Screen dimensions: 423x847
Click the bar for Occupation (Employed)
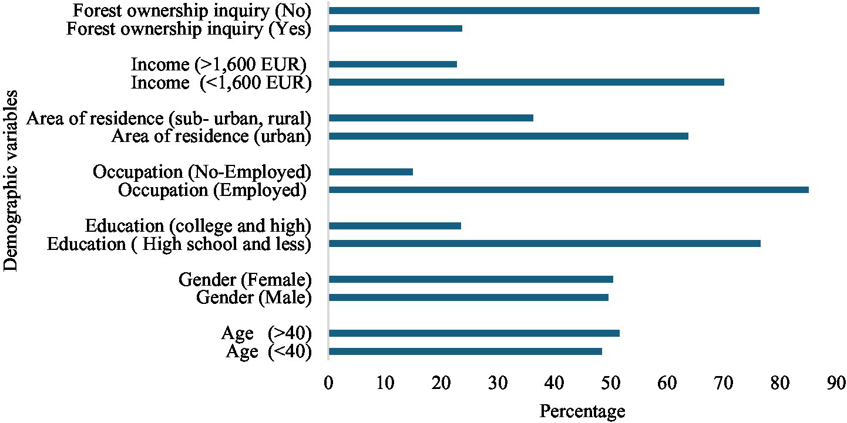569,190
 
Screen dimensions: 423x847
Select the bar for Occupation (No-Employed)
371,172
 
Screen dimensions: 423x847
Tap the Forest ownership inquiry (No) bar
544,11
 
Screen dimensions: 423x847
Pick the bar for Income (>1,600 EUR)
392,65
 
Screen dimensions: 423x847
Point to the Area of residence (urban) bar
508,136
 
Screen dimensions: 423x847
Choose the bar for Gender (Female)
470,279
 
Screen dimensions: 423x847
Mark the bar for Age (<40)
465,351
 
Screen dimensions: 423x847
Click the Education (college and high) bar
395,226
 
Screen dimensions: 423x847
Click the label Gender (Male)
253,298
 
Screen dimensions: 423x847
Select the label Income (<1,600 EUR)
221,83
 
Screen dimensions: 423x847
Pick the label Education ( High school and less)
179,244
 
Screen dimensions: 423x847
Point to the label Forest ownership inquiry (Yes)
188,29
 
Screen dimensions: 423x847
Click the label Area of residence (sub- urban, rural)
169,119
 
